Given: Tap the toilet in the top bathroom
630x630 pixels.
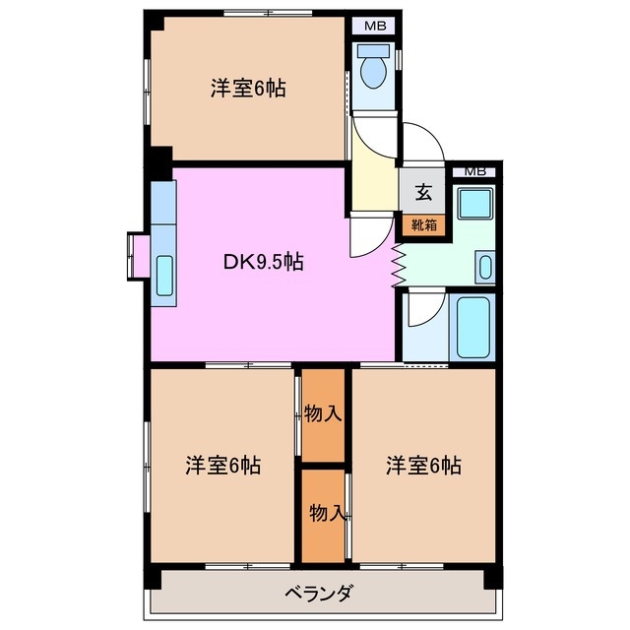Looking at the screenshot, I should pos(374,71).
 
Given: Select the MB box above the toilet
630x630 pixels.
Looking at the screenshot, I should pos(375,26).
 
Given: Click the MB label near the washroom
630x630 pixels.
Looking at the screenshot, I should pos(474,171).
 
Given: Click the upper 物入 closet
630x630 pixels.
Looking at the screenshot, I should pos(323,413).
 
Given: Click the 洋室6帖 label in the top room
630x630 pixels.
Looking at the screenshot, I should pos(248,89).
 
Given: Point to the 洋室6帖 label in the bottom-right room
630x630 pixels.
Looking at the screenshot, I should pos(423,465).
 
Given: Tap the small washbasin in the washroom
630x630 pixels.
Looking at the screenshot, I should pos(484,266).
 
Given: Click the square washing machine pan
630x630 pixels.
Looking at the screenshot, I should pos(472,208).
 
